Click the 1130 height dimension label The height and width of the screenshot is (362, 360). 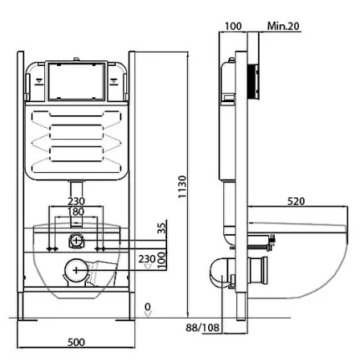[182, 187]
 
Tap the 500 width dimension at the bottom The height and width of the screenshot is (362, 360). [76, 342]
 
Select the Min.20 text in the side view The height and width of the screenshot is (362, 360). [283, 26]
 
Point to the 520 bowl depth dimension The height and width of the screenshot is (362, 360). [296, 201]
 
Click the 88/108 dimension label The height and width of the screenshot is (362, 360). [202, 327]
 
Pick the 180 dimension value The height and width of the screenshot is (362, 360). [76, 212]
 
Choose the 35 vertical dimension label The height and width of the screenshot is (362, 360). [162, 228]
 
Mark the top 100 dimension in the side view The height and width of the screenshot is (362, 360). [233, 27]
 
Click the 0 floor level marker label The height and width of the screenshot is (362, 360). [148, 306]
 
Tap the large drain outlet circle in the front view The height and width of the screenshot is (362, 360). [76, 270]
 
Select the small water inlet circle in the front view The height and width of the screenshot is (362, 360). [76, 240]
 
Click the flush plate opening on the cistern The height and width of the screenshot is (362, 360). [76, 81]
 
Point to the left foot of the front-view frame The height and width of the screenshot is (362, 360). [27, 319]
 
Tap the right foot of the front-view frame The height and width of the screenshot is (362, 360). [125, 319]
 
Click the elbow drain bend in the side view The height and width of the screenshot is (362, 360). [219, 272]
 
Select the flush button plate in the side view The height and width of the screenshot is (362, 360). [253, 82]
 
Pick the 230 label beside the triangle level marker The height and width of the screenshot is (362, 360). [147, 259]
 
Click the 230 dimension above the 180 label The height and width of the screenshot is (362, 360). [76, 201]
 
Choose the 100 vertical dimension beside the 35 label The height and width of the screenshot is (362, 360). [162, 260]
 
